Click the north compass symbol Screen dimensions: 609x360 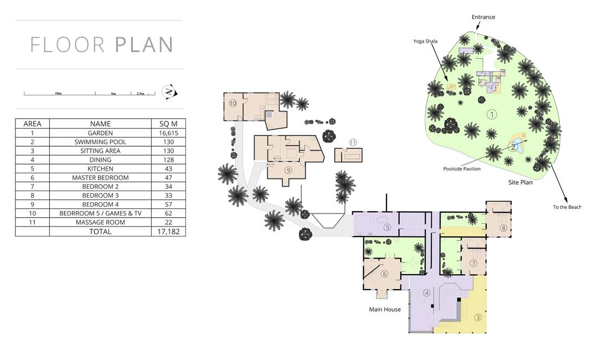pos(169,92)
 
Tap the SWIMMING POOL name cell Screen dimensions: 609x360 pos(100,142)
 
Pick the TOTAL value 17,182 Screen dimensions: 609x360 pos(168,232)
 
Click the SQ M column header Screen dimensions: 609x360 pos(168,124)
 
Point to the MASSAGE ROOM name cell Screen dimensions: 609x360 pos(100,222)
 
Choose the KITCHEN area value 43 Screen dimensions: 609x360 pos(168,168)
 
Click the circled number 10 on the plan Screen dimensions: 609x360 pos(233,104)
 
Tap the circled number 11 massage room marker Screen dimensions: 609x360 pos(353,142)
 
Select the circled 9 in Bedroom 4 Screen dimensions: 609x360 pos(288,170)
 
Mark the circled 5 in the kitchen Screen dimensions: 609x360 pos(387,228)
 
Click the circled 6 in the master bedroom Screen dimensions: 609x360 pos(385,274)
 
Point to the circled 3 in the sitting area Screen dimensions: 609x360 pos(478,318)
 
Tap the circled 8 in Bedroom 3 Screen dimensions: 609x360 pos(503,228)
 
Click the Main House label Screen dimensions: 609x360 pos(385,310)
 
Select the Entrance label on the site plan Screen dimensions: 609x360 pos(483,17)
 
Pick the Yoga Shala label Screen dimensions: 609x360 pos(425,41)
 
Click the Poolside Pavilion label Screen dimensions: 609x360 pos(462,169)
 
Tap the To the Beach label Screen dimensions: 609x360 pos(567,207)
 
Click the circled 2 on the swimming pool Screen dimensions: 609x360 pos(513,147)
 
